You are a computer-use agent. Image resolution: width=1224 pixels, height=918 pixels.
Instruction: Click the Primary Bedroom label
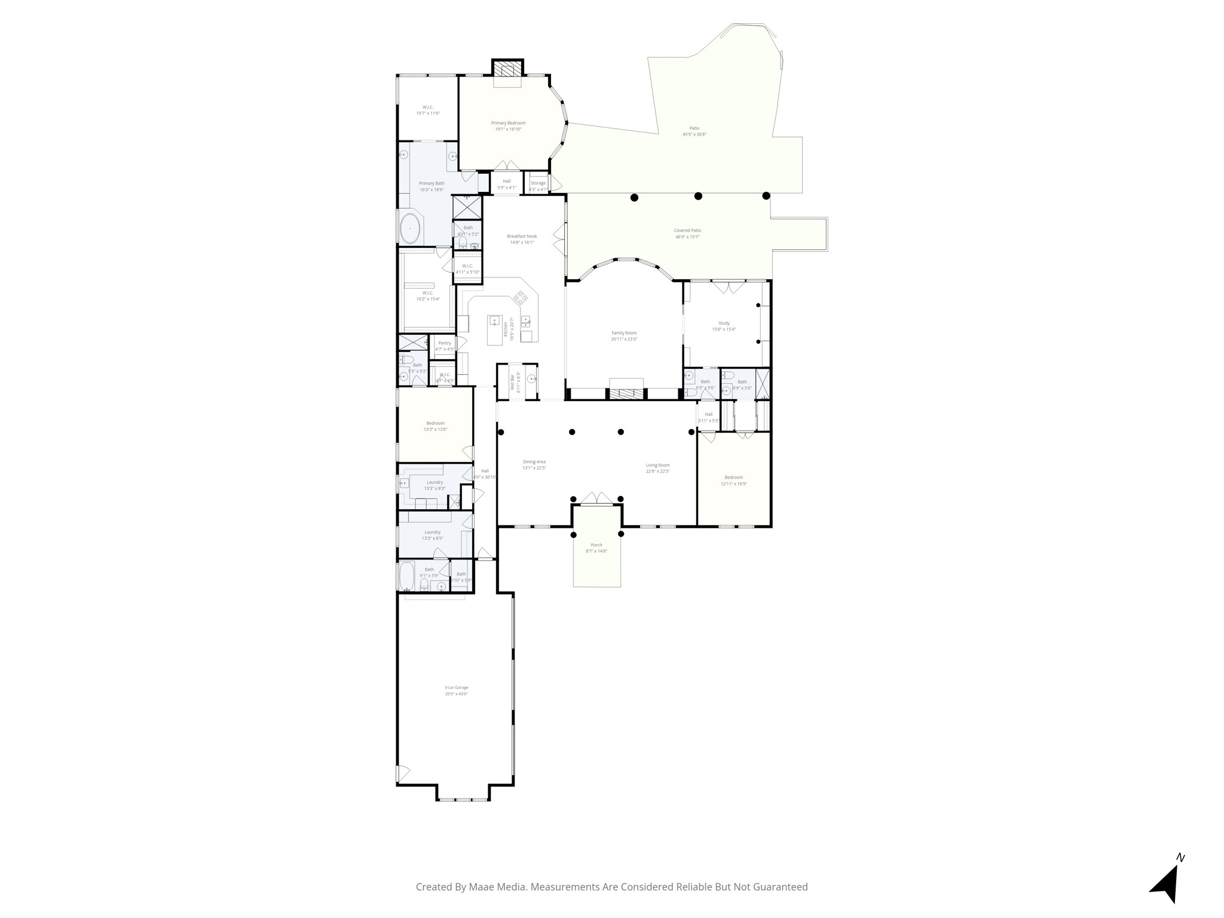(x=508, y=123)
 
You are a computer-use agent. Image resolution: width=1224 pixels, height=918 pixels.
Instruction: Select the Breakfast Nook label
(x=522, y=236)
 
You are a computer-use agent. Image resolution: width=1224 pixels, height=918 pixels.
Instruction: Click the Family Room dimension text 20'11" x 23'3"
(x=624, y=339)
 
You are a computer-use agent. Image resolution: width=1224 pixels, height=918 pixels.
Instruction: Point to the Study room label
(x=724, y=323)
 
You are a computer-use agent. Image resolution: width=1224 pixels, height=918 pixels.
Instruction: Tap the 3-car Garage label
(x=456, y=687)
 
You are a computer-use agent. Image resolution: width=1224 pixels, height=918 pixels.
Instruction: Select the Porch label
(x=596, y=545)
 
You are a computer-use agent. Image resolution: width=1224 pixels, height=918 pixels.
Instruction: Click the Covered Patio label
(x=687, y=231)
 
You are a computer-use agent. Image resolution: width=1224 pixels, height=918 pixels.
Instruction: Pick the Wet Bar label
(x=512, y=382)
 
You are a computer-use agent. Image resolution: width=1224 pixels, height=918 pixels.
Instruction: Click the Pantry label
(x=445, y=343)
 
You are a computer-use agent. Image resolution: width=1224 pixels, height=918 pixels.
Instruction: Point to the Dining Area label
(x=534, y=461)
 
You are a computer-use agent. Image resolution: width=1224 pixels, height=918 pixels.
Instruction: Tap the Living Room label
(x=657, y=465)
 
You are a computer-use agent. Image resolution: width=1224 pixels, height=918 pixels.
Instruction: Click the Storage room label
(x=538, y=183)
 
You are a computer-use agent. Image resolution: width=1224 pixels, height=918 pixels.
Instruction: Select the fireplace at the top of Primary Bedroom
(x=507, y=70)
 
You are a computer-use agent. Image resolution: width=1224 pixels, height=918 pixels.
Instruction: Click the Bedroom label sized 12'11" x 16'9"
(x=733, y=477)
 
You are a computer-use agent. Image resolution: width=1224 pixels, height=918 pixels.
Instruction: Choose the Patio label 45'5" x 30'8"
(x=694, y=128)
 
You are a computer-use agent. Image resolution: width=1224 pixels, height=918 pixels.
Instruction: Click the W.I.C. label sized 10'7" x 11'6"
(x=428, y=107)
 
